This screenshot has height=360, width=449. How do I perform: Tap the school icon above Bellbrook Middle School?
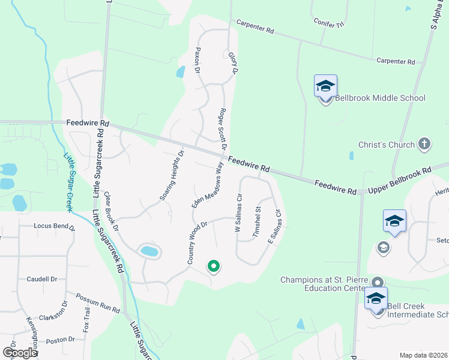[325, 86]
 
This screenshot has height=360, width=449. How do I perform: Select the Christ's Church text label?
[387, 145]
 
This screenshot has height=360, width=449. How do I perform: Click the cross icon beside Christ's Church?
[424, 144]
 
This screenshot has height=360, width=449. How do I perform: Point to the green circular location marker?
[212, 265]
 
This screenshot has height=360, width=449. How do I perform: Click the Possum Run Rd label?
[98, 303]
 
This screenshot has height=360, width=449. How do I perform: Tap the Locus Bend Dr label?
[55, 227]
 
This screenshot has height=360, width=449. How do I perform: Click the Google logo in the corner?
[20, 353]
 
